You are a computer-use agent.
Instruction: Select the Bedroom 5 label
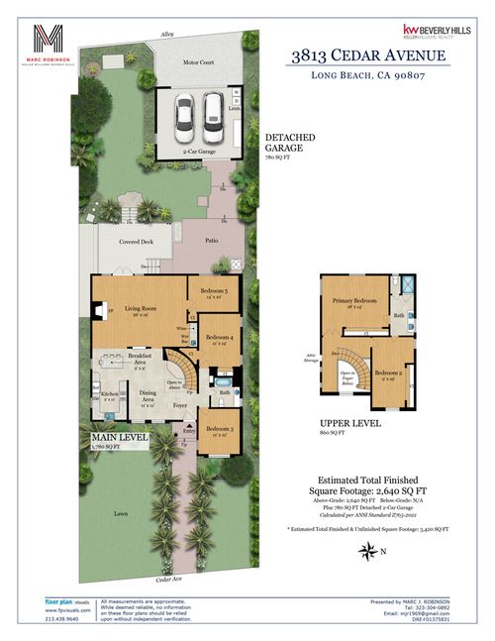coord(214,291)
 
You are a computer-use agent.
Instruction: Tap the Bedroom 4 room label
coord(219,338)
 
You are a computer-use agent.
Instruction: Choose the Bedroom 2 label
coord(390,375)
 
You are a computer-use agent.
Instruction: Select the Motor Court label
coord(199,62)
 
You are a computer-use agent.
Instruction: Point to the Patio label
coord(212,240)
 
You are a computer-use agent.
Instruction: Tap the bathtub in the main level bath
coord(222,380)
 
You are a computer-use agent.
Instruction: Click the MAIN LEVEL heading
coord(120,436)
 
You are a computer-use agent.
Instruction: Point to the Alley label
coord(166,35)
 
